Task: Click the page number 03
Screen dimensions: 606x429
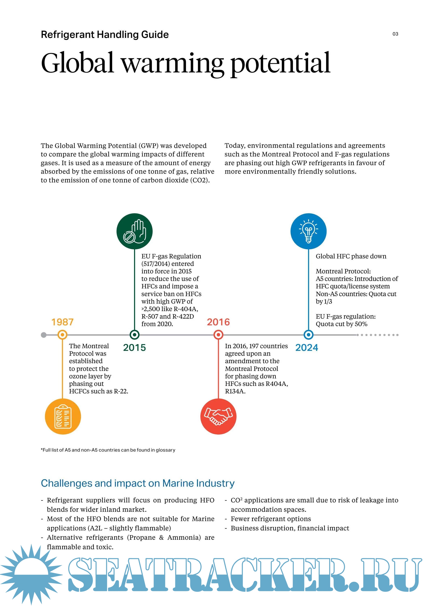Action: [x=395, y=34]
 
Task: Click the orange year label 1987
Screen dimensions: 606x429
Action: [x=62, y=322]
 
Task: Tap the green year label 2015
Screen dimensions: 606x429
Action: [x=134, y=348]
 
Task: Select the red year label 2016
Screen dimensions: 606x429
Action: [x=218, y=322]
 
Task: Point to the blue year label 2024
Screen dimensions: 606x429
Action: [x=307, y=348]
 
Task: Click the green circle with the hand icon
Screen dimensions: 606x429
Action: [x=134, y=231]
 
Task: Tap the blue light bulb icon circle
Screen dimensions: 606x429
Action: [x=308, y=231]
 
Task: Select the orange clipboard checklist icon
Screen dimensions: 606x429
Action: [x=63, y=416]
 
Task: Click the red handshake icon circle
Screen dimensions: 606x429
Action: [x=218, y=416]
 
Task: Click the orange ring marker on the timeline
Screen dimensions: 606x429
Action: [x=62, y=335]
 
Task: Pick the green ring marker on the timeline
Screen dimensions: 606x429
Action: [x=134, y=335]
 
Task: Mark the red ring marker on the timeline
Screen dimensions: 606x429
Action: [x=218, y=335]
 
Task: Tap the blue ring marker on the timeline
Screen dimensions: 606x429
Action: [x=308, y=335]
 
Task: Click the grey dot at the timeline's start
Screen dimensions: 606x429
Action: [x=44, y=335]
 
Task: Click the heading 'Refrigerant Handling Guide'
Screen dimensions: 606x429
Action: [x=105, y=35]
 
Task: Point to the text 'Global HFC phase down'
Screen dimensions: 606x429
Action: [x=351, y=256]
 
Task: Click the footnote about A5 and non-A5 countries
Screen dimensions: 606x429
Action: [x=108, y=450]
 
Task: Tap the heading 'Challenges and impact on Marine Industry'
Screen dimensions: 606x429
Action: [x=138, y=483]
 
